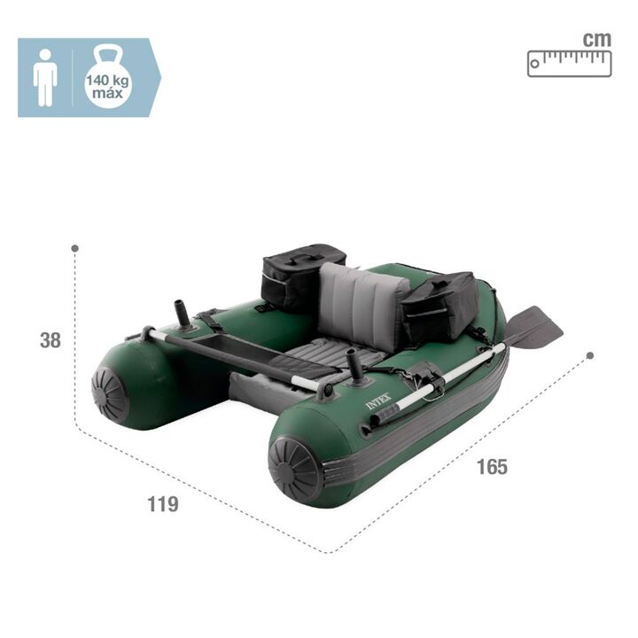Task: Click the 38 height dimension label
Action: (51, 340)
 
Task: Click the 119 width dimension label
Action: (163, 504)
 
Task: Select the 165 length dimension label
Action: (493, 467)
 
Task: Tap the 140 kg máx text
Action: (107, 87)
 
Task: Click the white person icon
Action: (45, 78)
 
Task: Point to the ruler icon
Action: (570, 64)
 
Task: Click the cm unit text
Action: (597, 40)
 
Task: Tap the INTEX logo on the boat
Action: (378, 401)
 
